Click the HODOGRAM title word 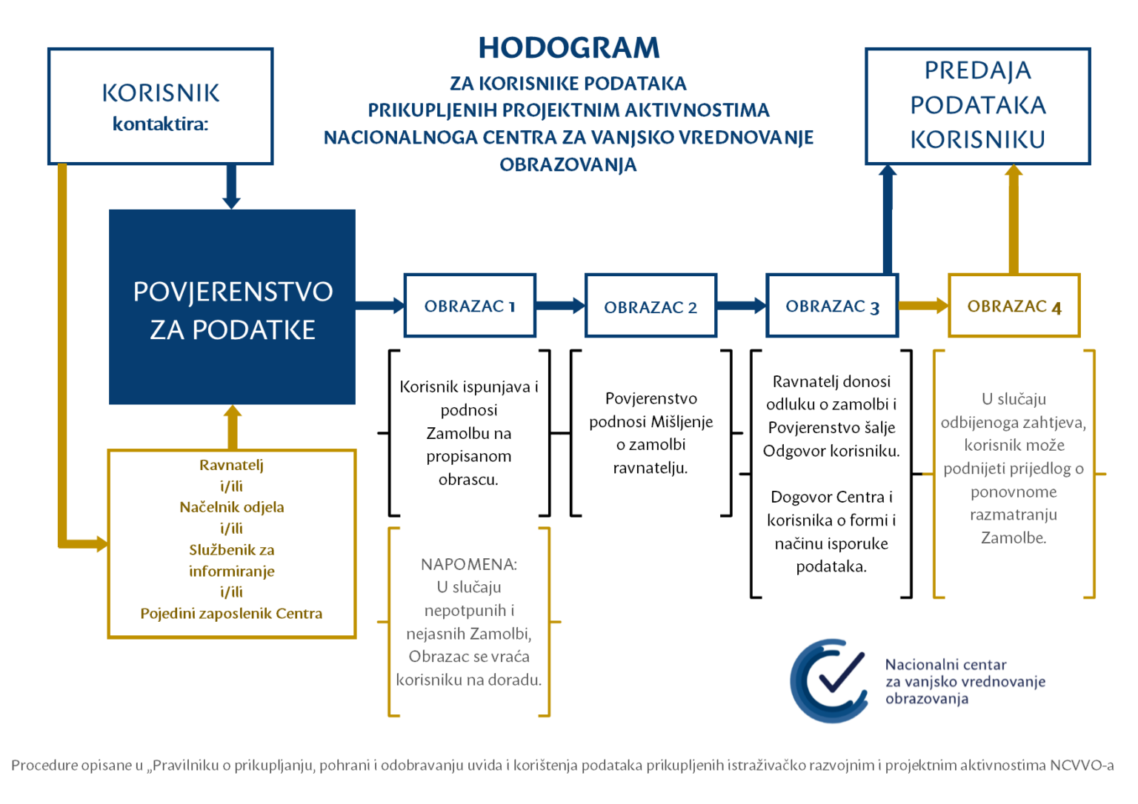(x=568, y=48)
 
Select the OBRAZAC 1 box (x=470, y=306)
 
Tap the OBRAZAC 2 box (x=650, y=306)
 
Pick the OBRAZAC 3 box (x=832, y=306)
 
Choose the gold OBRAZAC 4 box (x=1014, y=306)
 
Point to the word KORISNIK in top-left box (x=161, y=93)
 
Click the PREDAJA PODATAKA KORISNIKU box (x=977, y=106)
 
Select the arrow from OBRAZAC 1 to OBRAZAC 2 (x=560, y=305)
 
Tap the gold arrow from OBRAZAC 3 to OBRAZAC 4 (x=923, y=305)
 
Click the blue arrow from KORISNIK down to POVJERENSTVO (x=231, y=187)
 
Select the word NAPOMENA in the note (x=468, y=564)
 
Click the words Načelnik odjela (x=232, y=507)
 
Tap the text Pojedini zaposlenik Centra (x=232, y=613)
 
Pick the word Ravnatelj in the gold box (x=232, y=465)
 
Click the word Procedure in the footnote (x=44, y=766)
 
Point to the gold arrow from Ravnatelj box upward (x=233, y=427)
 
